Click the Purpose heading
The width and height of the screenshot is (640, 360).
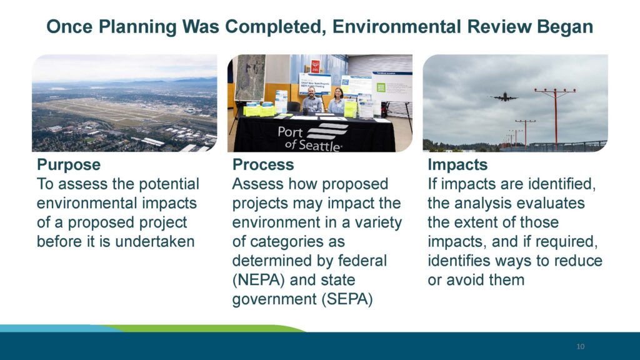69,165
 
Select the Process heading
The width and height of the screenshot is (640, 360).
263,165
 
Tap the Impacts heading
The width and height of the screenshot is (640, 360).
457,165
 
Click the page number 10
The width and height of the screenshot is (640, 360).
581,346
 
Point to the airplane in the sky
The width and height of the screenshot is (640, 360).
504,97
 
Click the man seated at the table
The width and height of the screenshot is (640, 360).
313,101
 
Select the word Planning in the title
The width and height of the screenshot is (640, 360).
137,27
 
